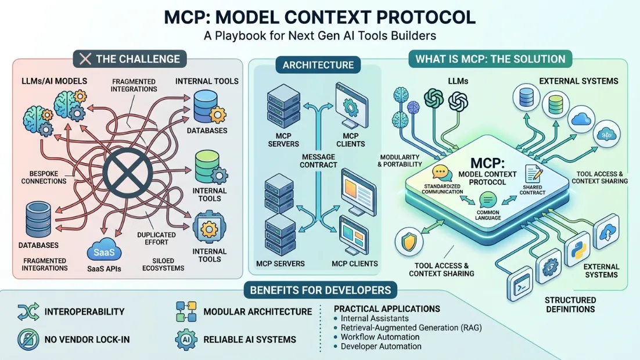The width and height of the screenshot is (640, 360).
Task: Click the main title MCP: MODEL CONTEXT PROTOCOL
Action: [320, 16]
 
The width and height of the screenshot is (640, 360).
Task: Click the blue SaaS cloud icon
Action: [107, 251]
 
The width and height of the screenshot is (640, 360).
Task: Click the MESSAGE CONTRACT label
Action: [319, 160]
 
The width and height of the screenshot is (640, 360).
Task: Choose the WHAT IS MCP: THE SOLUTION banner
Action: [490, 59]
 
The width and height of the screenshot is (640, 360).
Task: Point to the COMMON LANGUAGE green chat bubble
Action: [487, 200]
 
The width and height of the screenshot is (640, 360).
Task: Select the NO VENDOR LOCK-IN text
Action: [84, 339]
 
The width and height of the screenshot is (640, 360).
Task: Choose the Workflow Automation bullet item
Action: [380, 337]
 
